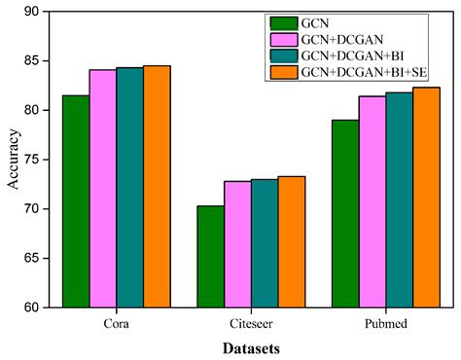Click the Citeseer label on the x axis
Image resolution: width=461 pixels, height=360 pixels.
point(251,322)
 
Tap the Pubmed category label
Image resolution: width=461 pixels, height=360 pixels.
point(386,322)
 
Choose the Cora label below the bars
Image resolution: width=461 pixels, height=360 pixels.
point(116,322)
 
